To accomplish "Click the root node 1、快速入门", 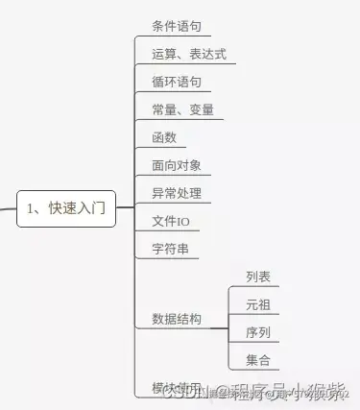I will click(x=66, y=207).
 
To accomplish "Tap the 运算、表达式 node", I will click(x=188, y=54).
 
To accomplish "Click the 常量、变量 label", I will click(x=182, y=109).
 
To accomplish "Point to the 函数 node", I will click(x=164, y=137).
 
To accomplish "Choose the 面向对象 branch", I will click(x=176, y=165).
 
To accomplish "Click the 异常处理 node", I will click(x=176, y=193).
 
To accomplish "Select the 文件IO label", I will click(x=171, y=222).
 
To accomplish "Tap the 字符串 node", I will click(x=170, y=250).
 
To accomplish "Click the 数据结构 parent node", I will click(x=177, y=318).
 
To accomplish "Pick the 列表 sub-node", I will click(x=257, y=277).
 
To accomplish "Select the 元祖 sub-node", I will click(x=257, y=305).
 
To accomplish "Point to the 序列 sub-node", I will click(x=257, y=333).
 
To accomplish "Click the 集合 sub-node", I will click(x=257, y=361).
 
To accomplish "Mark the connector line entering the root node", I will click(x=8, y=207).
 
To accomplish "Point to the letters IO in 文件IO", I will click(x=182, y=222).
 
